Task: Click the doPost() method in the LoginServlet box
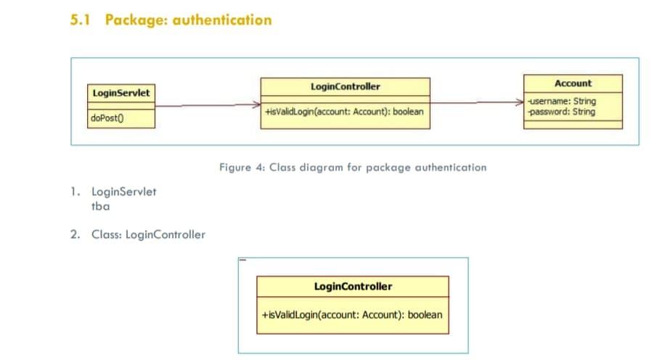(x=106, y=119)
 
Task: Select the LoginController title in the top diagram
(x=345, y=86)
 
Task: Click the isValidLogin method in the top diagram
(x=344, y=112)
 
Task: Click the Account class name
(x=573, y=83)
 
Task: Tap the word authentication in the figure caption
(x=447, y=168)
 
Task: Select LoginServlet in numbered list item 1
(x=123, y=192)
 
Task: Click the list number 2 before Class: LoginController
(x=74, y=234)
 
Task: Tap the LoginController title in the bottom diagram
(x=353, y=287)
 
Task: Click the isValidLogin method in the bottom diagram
(x=351, y=316)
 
